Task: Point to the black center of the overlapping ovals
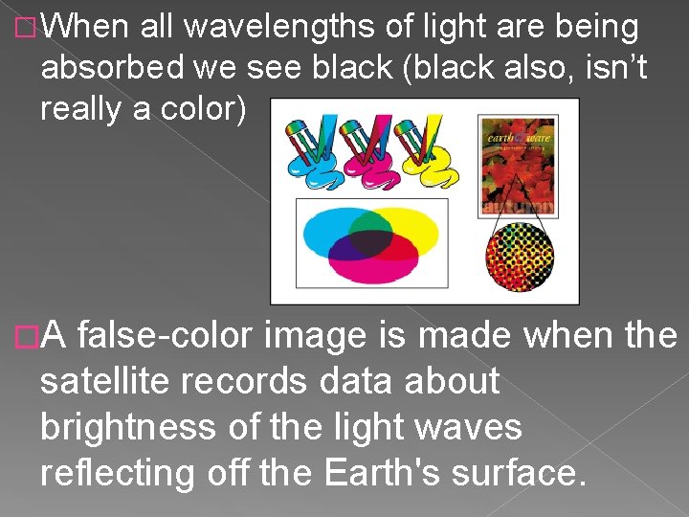click(367, 243)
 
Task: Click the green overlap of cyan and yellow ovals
click(367, 222)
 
